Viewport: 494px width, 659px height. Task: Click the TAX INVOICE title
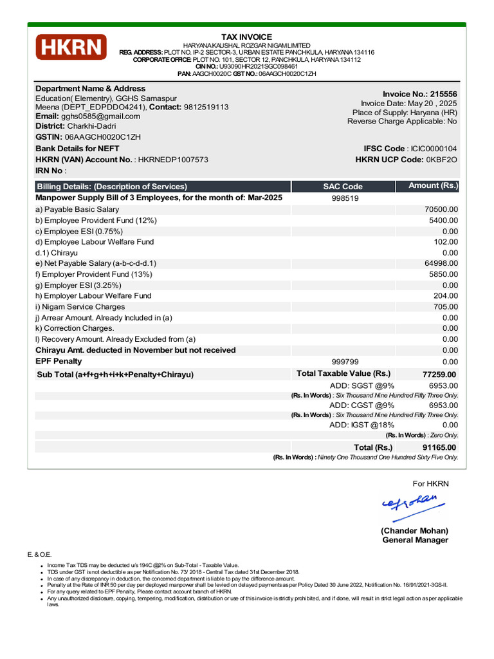pos(246,37)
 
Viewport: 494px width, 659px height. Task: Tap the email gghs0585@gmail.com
pos(100,116)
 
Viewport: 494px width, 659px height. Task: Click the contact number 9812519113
pos(206,107)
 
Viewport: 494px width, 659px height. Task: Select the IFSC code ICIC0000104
pos(434,149)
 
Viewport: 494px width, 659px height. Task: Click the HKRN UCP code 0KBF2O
pos(442,160)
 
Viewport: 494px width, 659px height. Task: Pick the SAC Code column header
pos(343,187)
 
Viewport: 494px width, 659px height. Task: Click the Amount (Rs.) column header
pos(433,186)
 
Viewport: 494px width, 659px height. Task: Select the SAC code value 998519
pos(345,199)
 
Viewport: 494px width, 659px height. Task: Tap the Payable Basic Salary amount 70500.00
pos(441,210)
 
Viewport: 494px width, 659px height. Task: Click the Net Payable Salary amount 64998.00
pos(441,263)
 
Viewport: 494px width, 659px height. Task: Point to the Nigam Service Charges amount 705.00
pos(445,307)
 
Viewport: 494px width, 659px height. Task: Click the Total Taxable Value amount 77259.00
pos(439,375)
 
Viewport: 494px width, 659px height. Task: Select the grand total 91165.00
pos(439,448)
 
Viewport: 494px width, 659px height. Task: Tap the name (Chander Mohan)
pos(414,531)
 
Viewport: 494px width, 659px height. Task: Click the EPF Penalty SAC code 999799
pos(345,362)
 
